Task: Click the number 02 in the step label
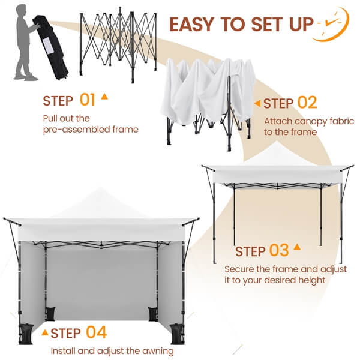(307, 103)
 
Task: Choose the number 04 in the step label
(96, 332)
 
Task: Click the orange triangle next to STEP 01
(105, 96)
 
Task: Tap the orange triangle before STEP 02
(257, 104)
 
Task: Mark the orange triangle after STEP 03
(296, 247)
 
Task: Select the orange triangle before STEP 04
(44, 331)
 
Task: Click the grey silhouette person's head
(22, 11)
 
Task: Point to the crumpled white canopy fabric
(204, 90)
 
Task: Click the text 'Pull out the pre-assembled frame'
(90, 124)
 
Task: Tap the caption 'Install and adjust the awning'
(112, 351)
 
